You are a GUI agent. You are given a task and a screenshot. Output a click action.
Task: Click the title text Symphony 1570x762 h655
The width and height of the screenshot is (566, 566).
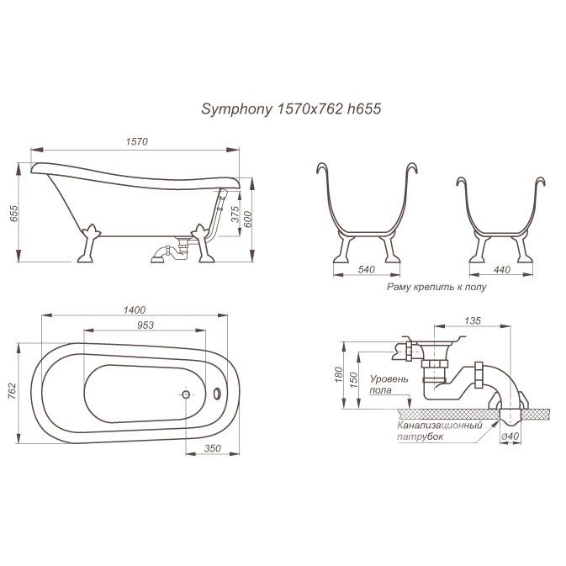coord(283,108)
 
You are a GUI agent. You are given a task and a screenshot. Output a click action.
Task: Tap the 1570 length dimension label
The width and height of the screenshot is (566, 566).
coord(138,141)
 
